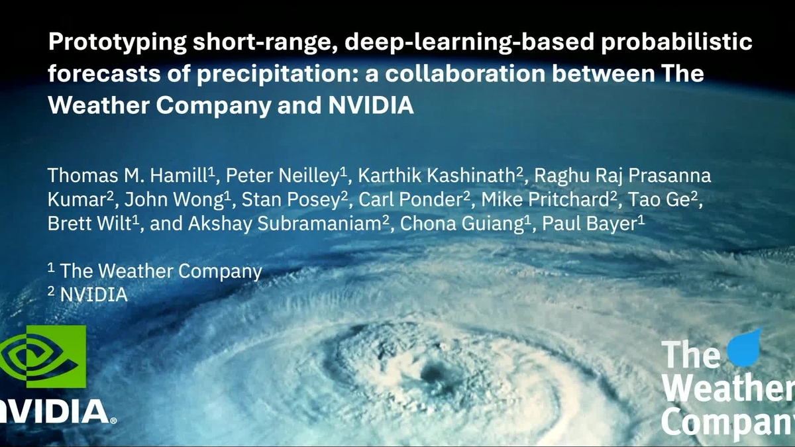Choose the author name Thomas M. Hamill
(129, 176)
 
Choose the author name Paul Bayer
(590, 224)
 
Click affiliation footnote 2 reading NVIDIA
(93, 295)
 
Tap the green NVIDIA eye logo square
(44, 356)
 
